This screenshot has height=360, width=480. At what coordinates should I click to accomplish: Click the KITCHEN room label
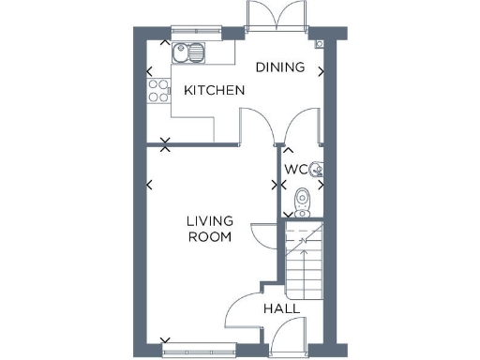pyautogui.click(x=214, y=91)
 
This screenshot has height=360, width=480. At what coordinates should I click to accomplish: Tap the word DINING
pyautogui.click(x=280, y=67)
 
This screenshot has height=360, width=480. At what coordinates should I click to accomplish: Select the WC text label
pyautogui.click(x=295, y=170)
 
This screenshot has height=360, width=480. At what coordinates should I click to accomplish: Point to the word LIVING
pyautogui.click(x=209, y=221)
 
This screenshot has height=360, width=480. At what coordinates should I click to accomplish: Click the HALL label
pyautogui.click(x=280, y=308)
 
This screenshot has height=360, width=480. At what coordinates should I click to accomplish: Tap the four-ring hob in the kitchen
pyautogui.click(x=157, y=91)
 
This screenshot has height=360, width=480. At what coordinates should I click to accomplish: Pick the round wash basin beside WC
pyautogui.click(x=317, y=170)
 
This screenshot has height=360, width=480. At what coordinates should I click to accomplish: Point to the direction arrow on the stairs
pyautogui.click(x=302, y=242)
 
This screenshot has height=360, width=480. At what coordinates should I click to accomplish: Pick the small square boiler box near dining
pyautogui.click(x=320, y=42)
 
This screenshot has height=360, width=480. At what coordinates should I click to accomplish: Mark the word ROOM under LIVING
pyautogui.click(x=209, y=237)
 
